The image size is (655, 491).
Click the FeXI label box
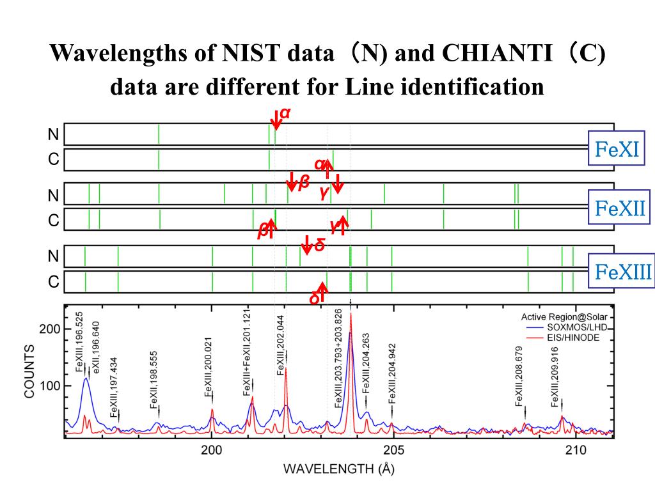[617, 150]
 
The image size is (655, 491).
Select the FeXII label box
[619, 208]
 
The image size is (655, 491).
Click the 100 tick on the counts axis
[51, 386]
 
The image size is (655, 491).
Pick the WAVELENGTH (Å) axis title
[339, 469]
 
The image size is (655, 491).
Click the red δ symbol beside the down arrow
[319, 245]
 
